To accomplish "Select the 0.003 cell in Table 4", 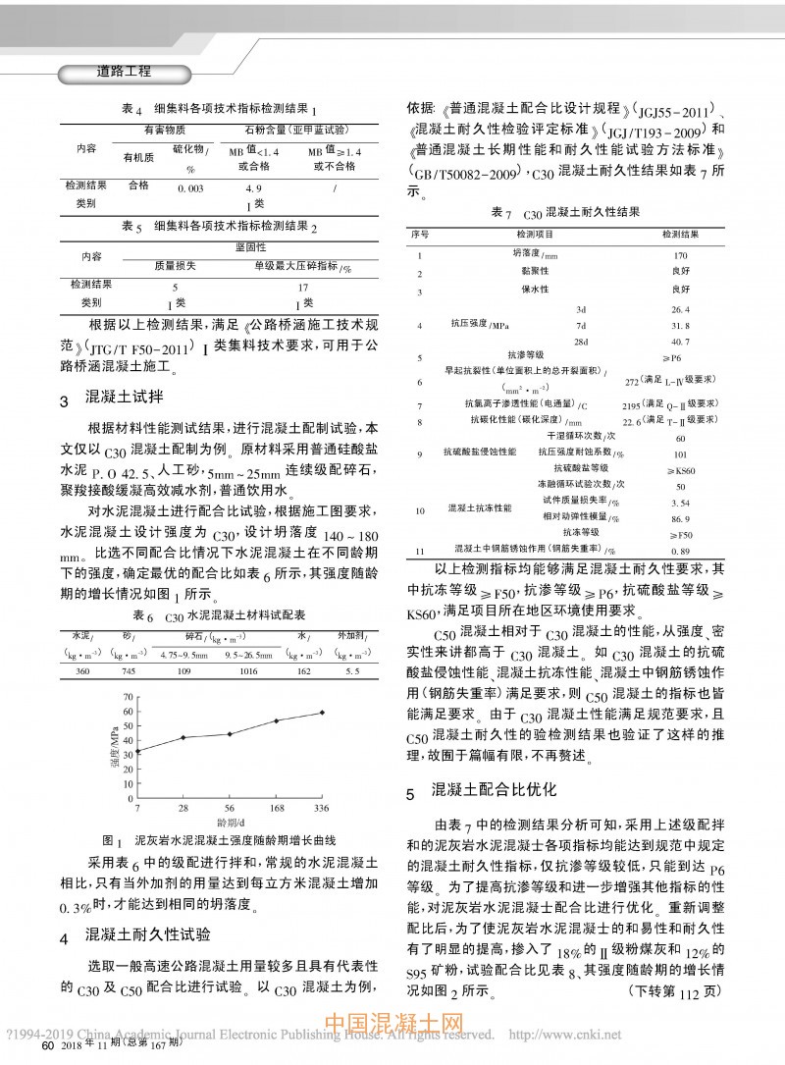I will pos(190,186).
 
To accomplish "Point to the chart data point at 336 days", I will pos(322,713).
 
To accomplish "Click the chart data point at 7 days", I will pos(137,752).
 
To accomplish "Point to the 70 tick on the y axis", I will pos(127,697).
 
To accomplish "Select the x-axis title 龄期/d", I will pos(231,821).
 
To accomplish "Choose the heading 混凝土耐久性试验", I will pos(147,933).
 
